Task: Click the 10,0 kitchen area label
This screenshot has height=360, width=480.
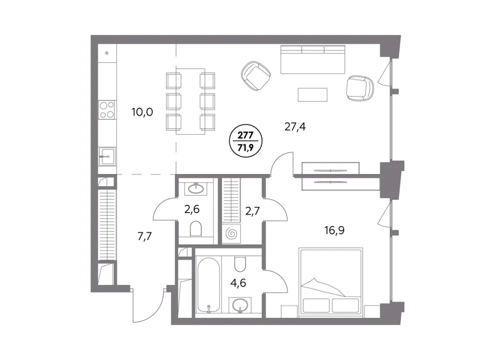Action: pos(142,112)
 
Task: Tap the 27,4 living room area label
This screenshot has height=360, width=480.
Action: pos(295,126)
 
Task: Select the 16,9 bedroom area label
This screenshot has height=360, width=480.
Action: pos(334,230)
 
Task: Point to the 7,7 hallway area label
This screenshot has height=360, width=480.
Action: pos(144,236)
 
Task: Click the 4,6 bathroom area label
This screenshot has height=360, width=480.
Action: pos(238,283)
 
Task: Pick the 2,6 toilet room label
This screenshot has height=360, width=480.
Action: pos(192,209)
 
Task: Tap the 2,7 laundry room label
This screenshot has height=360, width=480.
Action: pos(252,211)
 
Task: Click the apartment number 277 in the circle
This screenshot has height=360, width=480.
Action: pos(245,135)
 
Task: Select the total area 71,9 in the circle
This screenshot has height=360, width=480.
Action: pos(245,148)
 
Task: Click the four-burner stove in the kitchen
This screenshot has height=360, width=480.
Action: pos(107,109)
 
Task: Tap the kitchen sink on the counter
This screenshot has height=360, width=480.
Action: pos(107,156)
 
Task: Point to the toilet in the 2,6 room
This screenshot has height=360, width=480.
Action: pos(196,229)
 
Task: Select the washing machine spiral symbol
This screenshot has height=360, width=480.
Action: pos(231,234)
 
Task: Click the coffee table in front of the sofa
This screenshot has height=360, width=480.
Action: pos(312,94)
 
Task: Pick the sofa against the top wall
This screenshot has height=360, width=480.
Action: pos(313,59)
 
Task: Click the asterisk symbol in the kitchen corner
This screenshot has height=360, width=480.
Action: pos(107,53)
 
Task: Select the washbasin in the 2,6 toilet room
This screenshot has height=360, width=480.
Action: pos(195,188)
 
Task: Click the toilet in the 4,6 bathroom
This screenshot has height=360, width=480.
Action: pos(240,264)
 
